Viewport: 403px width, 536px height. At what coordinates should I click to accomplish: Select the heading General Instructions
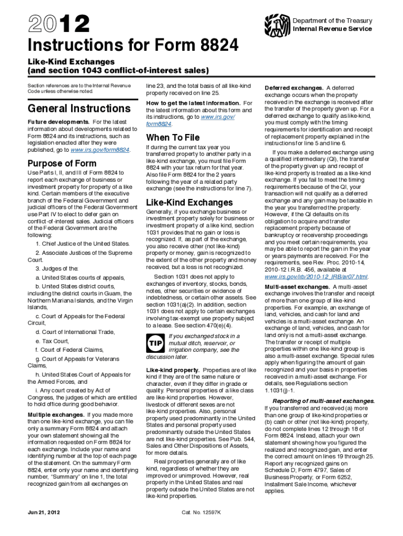pyautogui.click(x=79, y=109)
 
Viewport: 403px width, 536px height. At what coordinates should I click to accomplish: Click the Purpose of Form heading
pyautogui.click(x=62, y=162)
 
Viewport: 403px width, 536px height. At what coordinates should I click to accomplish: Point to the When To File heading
pyautogui.click(x=173, y=138)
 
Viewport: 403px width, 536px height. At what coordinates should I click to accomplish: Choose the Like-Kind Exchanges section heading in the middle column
pyautogui.click(x=189, y=202)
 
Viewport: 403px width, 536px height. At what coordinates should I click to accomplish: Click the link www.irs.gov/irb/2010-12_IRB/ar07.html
pyautogui.click(x=316, y=276)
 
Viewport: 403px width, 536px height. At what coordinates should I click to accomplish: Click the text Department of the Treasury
pyautogui.click(x=332, y=21)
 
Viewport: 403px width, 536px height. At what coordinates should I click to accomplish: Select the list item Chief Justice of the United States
pyautogui.click(x=83, y=243)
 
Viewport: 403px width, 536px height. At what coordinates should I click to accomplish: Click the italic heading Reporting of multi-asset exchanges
pyautogui.click(x=317, y=401)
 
